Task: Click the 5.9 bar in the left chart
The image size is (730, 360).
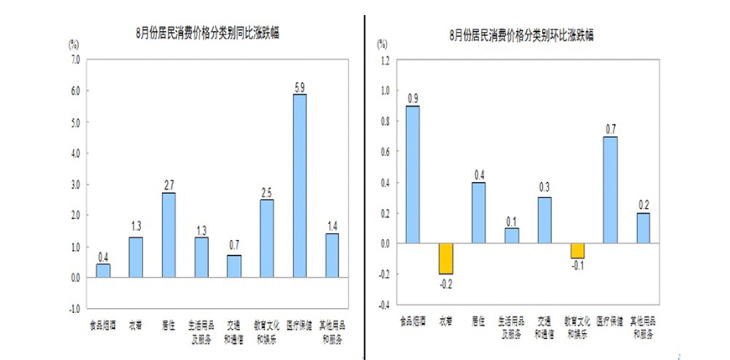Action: pyautogui.click(x=299, y=185)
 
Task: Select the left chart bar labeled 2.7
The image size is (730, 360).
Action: pyautogui.click(x=169, y=235)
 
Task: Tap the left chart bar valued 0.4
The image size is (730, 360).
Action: pyautogui.click(x=103, y=270)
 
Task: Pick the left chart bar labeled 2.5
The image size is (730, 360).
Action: pyautogui.click(x=267, y=238)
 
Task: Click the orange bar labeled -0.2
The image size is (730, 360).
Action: pyautogui.click(x=446, y=258)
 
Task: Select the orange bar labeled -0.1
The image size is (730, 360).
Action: pyautogui.click(x=577, y=251)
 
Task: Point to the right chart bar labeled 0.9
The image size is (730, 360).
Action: pyautogui.click(x=413, y=175)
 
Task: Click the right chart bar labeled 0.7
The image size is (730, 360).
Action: pyautogui.click(x=610, y=190)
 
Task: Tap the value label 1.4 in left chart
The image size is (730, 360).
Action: pyautogui.click(x=331, y=226)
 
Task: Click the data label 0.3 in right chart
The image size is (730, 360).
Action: pyautogui.click(x=545, y=188)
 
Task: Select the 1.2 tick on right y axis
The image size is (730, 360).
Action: pyautogui.click(x=385, y=60)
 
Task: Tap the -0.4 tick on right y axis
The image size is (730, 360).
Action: pyautogui.click(x=384, y=305)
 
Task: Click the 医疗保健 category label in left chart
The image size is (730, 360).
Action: pyautogui.click(x=300, y=325)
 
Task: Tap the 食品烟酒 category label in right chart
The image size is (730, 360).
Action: pyautogui.click(x=412, y=321)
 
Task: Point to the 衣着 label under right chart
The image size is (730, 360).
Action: pyautogui.click(x=446, y=321)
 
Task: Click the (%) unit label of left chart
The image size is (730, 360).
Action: pyautogui.click(x=74, y=41)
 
